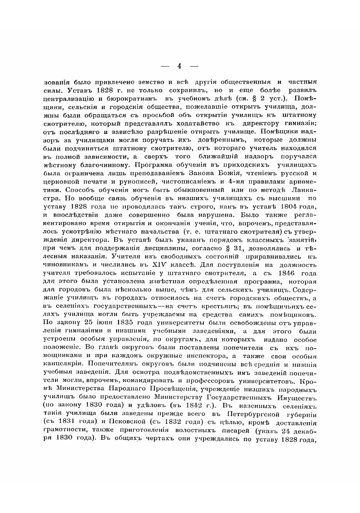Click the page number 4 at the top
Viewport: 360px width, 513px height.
(x=179, y=66)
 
